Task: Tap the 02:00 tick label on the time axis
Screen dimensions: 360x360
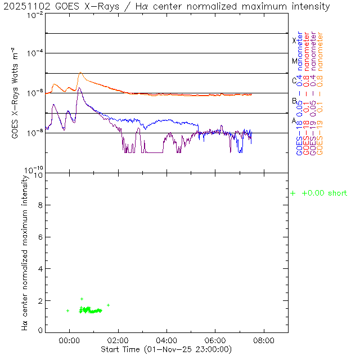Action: coord(118,341)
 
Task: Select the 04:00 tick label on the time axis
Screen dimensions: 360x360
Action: coord(166,341)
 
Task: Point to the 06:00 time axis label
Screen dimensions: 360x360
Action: coord(215,341)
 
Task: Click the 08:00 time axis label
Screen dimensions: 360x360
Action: coord(264,341)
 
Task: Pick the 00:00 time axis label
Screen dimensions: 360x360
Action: coord(69,341)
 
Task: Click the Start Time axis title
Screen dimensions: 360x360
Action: coord(167,349)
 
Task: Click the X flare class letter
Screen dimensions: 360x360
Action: coord(294,40)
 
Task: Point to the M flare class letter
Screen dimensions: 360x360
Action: coord(294,61)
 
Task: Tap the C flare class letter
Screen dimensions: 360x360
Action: coord(294,80)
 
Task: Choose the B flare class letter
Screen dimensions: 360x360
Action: coord(294,101)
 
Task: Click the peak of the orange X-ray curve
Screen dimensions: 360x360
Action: coord(81,73)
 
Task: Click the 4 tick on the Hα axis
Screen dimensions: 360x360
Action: coord(40,269)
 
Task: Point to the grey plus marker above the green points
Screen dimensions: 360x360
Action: coord(82,299)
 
